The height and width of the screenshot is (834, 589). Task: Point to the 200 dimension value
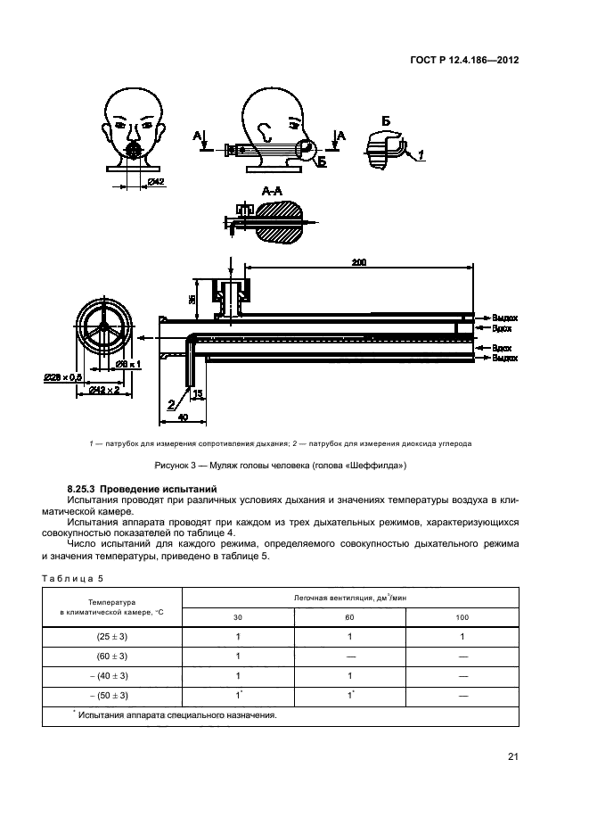pyautogui.click(x=359, y=263)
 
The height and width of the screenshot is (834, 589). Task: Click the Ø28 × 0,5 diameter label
pyautogui.click(x=62, y=378)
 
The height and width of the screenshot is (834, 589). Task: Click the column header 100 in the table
pyautogui.click(x=462, y=617)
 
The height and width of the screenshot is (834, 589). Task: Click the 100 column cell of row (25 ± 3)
pyautogui.click(x=462, y=637)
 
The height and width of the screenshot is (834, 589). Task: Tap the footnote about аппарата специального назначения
pyautogui.click(x=176, y=714)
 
